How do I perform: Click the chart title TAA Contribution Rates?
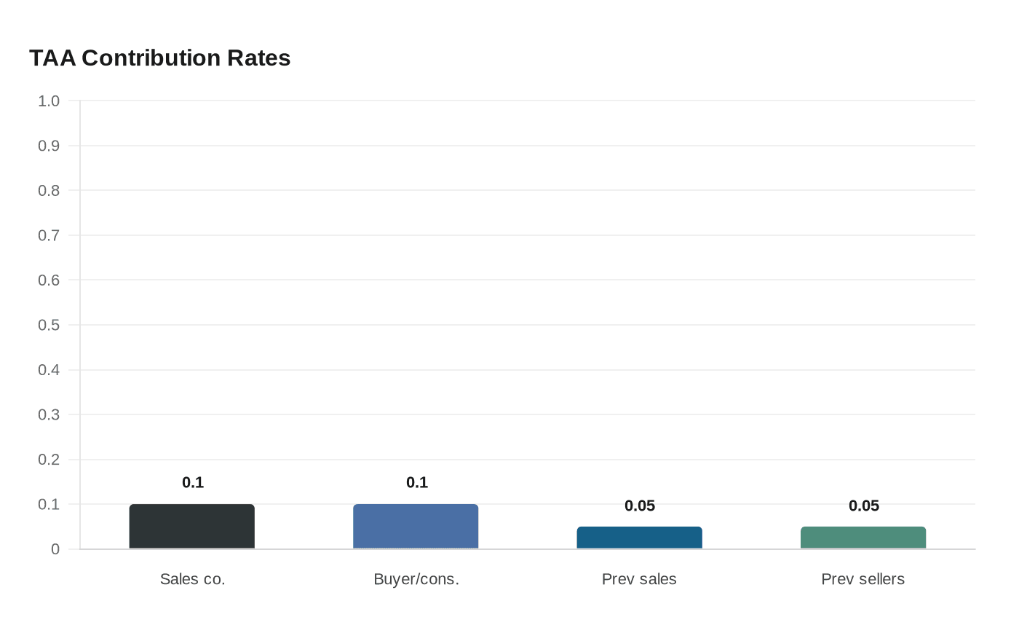tap(159, 58)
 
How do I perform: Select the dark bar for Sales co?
tap(192, 526)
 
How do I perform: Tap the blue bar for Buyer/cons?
tap(416, 526)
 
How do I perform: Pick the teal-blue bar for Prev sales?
tap(640, 538)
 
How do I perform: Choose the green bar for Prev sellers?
tap(863, 538)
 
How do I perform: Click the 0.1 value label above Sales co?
tap(193, 482)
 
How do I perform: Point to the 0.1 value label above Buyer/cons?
tap(417, 482)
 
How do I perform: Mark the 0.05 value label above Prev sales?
tap(640, 506)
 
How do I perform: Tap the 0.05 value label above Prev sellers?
tap(864, 506)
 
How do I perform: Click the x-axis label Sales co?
tap(193, 579)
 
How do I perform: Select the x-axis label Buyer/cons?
tap(416, 579)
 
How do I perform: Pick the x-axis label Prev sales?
tap(639, 579)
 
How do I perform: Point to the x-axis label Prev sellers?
tap(863, 579)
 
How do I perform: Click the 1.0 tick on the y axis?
tap(49, 101)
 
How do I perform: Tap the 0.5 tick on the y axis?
tap(49, 325)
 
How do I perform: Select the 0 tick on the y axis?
tap(55, 549)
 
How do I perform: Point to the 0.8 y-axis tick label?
tap(49, 191)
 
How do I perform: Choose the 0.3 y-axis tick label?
tap(49, 414)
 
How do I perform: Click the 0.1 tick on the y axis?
tap(49, 504)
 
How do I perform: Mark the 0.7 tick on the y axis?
tap(49, 235)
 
